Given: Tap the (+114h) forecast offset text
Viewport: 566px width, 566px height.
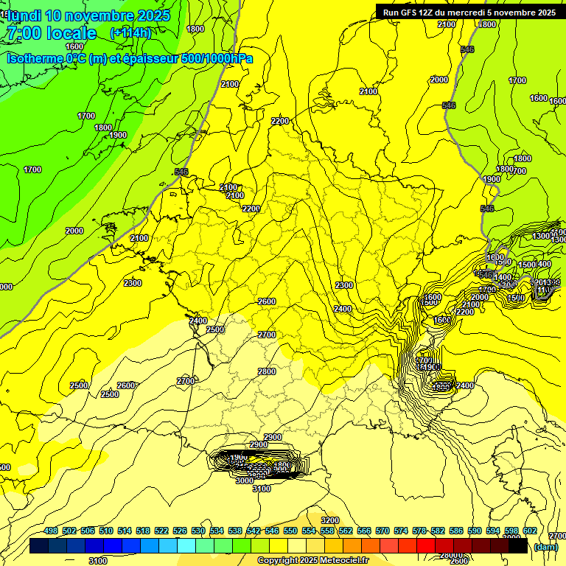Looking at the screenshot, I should (130, 33).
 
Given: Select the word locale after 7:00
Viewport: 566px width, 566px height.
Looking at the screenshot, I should (71, 33).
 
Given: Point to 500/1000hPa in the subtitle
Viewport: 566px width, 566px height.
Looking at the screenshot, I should (217, 58).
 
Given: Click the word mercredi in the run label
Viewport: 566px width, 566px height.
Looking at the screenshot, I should (469, 13).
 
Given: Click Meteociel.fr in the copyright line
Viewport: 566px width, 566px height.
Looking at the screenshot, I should (340, 560).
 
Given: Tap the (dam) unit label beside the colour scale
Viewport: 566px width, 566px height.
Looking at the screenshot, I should (545, 547).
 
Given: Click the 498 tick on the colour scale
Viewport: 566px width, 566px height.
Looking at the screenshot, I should (51, 531).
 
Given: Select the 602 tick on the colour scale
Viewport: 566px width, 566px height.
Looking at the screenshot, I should (530, 531).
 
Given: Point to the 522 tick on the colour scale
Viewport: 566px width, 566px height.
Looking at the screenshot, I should (161, 531).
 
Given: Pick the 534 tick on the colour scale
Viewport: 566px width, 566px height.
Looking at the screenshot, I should (217, 531).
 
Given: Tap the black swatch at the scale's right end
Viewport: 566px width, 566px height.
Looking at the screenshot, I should (518, 546).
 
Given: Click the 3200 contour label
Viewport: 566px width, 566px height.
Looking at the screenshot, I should (330, 521).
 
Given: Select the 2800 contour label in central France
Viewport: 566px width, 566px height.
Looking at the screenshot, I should (266, 371).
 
